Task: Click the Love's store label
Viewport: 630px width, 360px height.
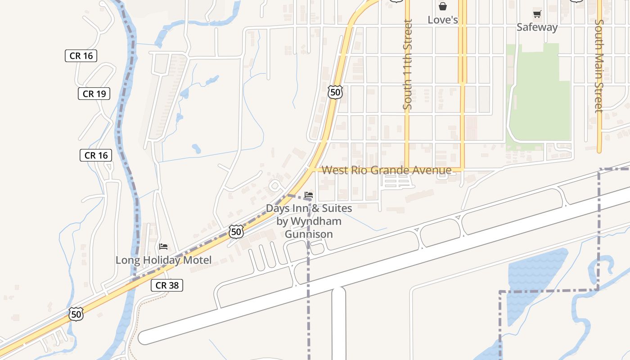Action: coord(443,20)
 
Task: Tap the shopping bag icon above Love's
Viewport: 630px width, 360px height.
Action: coord(443,6)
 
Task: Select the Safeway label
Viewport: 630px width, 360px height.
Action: coord(537,27)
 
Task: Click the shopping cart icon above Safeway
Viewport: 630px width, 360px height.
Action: coord(537,14)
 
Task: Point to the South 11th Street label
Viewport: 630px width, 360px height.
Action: coord(408,64)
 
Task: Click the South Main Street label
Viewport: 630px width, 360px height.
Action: coord(598,66)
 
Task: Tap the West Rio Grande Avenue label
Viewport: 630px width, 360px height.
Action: coord(387,170)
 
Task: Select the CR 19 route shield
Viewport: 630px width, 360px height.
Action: coord(94,94)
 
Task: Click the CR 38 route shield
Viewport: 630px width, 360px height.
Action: coord(167,285)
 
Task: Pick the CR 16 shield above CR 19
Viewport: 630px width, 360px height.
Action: coord(81,56)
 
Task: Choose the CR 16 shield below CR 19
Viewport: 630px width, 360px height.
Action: coord(96,155)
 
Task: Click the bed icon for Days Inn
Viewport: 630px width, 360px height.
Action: coord(309,195)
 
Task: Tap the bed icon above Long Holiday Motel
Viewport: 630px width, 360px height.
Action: coord(163,247)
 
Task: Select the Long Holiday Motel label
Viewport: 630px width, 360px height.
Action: coord(163,260)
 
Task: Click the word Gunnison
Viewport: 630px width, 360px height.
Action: coord(309,234)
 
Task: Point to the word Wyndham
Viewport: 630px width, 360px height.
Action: coord(316,221)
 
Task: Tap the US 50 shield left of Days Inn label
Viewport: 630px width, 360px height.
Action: coord(236,232)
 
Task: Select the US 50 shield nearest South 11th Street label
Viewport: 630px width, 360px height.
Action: coord(335,92)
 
